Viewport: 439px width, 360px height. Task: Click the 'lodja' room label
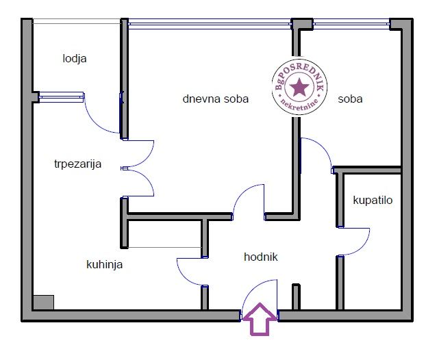point(75,59)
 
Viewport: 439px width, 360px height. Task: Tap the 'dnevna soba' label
point(216,99)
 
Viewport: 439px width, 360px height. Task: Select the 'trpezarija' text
point(78,164)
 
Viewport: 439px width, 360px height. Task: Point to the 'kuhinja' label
point(104,264)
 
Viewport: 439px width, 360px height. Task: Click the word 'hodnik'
point(261,257)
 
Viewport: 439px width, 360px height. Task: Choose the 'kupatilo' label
point(373,201)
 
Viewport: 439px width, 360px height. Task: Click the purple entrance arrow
point(260,319)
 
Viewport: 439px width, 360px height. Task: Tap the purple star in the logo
point(299,87)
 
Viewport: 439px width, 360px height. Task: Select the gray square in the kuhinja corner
point(43,303)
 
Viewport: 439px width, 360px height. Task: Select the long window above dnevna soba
point(210,24)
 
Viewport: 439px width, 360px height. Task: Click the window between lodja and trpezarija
point(62,97)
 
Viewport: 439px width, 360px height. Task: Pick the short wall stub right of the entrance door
point(297,297)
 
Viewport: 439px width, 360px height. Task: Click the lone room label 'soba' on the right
point(350,99)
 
